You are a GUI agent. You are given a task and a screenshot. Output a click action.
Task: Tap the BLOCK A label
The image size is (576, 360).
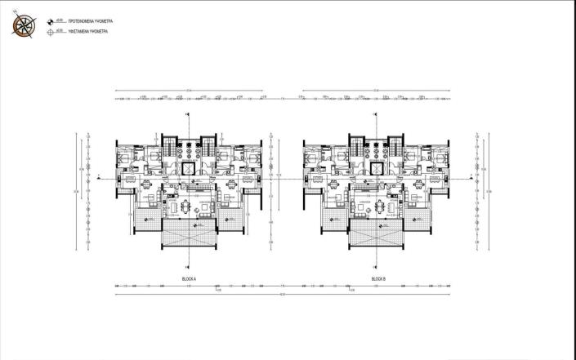click(x=190, y=279)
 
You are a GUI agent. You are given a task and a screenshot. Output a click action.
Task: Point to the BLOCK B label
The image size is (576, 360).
click(x=377, y=279)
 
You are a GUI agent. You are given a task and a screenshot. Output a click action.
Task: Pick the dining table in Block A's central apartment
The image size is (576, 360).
click(x=190, y=206)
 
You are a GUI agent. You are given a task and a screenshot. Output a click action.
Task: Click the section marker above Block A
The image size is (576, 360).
click(x=189, y=114)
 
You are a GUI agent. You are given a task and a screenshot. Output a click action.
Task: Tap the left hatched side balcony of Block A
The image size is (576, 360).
click(x=146, y=218)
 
